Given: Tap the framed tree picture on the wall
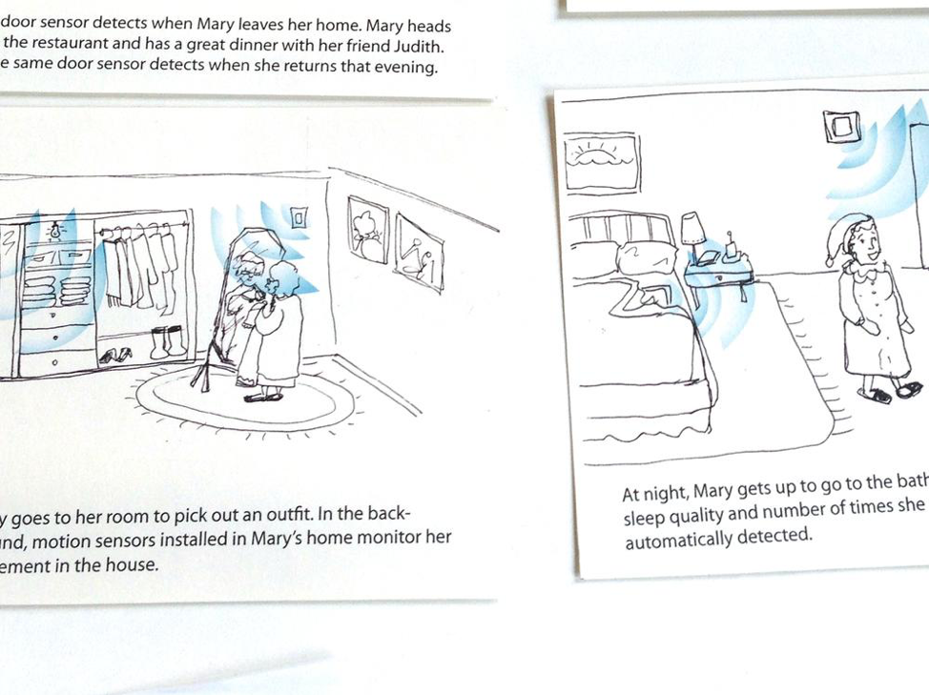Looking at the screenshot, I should pyautogui.click(x=366, y=230).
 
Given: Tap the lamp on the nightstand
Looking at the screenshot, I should pyautogui.click(x=692, y=232).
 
